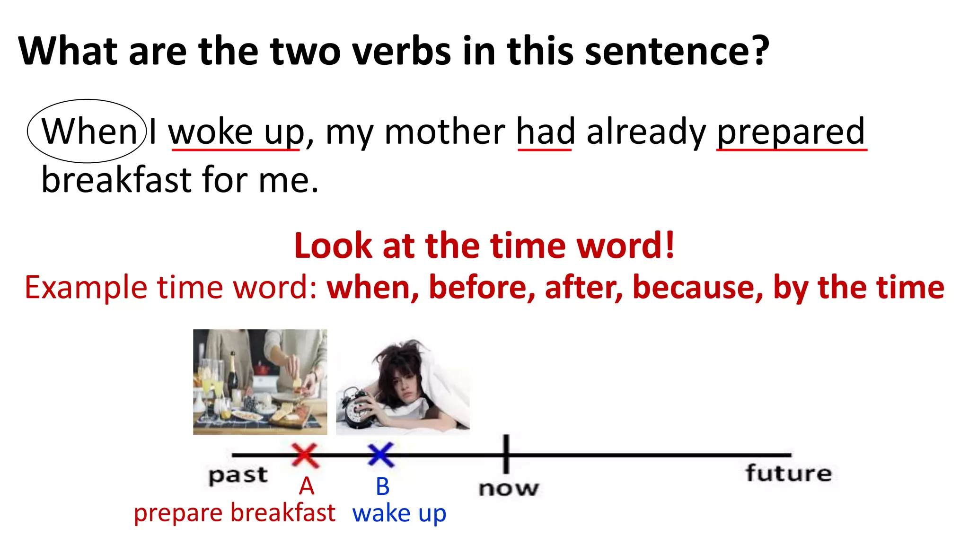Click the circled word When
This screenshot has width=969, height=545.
click(x=89, y=131)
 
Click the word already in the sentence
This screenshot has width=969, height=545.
click(x=646, y=132)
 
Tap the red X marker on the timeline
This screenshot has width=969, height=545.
click(x=305, y=455)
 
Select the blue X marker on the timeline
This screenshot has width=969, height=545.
click(x=381, y=455)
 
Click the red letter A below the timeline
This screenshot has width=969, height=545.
click(x=307, y=486)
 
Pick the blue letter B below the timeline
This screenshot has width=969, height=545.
click(x=383, y=486)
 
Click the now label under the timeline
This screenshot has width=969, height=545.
click(x=508, y=488)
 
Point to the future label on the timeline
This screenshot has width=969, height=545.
click(x=788, y=473)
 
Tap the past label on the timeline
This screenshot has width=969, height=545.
click(x=238, y=475)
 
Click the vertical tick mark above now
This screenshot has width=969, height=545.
click(x=506, y=453)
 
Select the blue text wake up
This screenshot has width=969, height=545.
click(x=399, y=513)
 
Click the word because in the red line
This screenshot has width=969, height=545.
click(x=697, y=287)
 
